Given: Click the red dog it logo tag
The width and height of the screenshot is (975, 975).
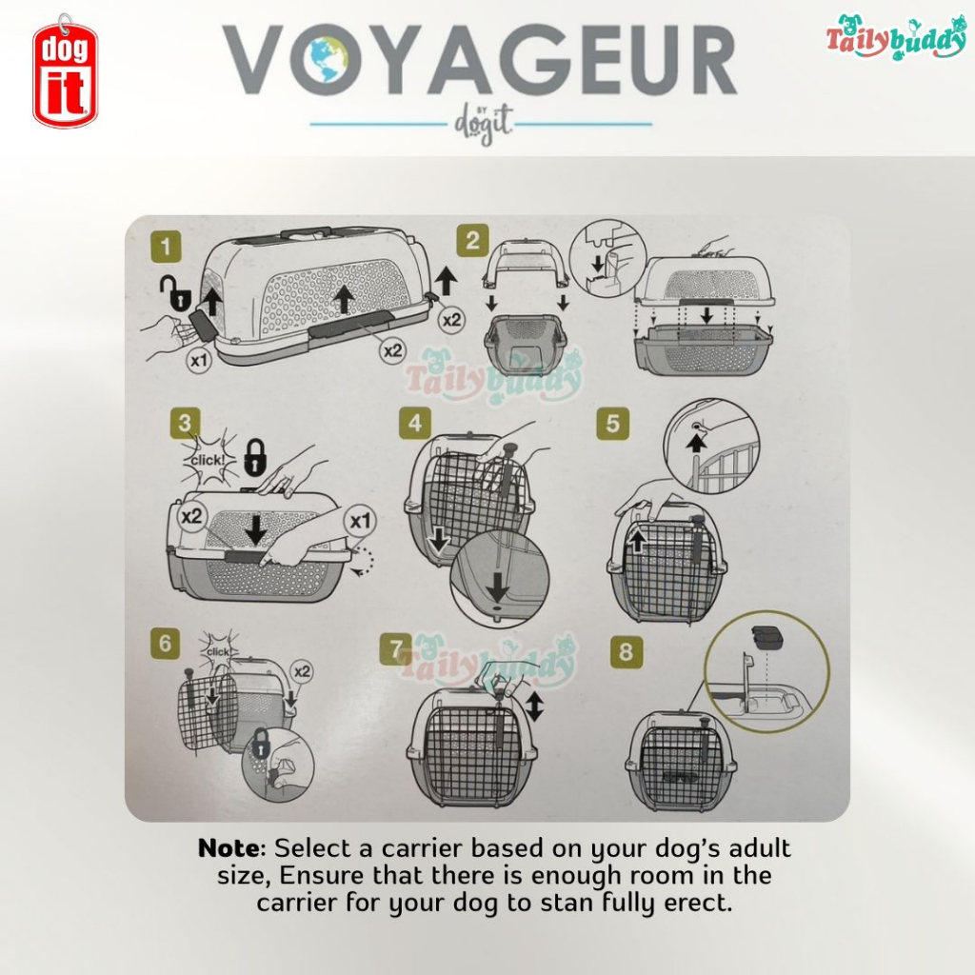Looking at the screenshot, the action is pos(65,73).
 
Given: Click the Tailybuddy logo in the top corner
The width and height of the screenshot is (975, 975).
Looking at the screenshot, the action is pos(895,37).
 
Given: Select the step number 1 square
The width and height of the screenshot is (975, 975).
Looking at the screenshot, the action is pos(166,247).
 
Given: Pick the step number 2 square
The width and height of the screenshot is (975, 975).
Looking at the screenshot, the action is pos(472,241).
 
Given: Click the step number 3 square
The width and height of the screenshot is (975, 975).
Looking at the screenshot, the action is pos(185,424).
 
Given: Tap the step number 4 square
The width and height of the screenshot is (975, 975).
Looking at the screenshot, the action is pos(415,424).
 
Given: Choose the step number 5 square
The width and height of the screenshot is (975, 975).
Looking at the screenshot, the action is pos(613,424).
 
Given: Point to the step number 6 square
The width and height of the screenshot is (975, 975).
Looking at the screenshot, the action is pos(165,643).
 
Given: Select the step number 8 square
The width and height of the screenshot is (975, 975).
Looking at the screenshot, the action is pos(627,651).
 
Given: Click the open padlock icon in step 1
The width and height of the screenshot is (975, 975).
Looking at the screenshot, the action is pos(175,294).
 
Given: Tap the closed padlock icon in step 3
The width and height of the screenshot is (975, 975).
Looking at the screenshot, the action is pos(255,458).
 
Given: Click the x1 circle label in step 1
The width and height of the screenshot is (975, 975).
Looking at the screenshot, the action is pos(199,360).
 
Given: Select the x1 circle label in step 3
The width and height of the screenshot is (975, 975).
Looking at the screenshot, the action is pos(360,521).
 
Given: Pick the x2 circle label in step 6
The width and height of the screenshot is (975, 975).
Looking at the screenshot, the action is pos(302,671).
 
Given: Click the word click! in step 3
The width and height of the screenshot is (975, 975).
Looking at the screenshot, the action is pos(207,460).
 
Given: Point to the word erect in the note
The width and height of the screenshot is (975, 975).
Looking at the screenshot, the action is pos(697,903).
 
